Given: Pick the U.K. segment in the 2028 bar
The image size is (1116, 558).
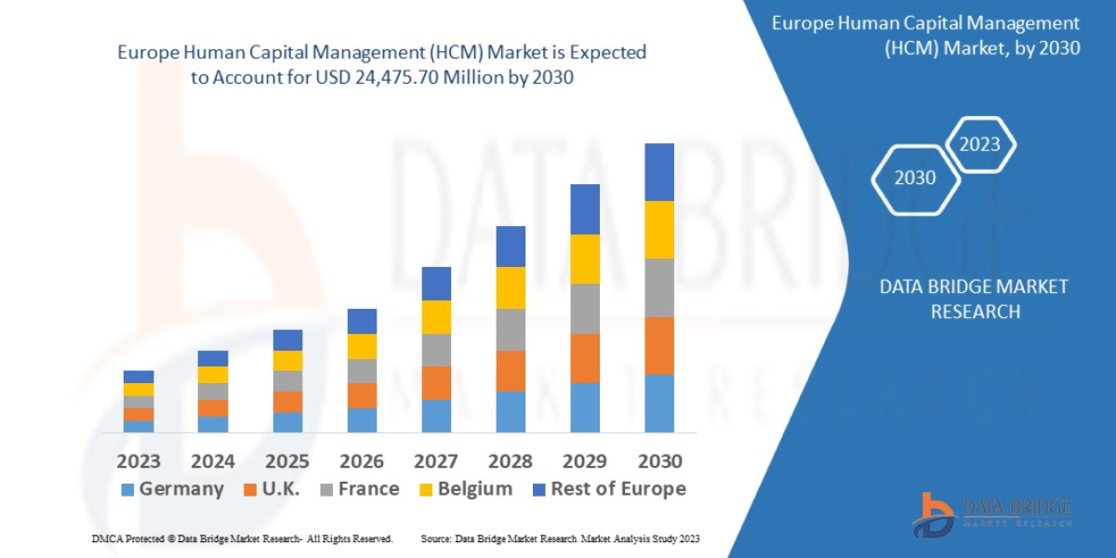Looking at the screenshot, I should tap(510, 370).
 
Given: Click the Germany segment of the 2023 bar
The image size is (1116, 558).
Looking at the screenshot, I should tap(139, 426).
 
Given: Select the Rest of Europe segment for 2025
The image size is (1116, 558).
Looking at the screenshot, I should tap(287, 339).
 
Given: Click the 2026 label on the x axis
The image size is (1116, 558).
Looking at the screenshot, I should tap(362, 461).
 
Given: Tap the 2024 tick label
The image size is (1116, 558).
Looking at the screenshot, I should tap(213, 461).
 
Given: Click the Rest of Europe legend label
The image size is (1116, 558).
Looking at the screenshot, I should tap(618, 489).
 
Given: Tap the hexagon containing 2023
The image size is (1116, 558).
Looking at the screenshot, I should tap(979, 144).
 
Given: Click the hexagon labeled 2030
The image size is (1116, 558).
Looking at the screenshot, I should tap(915, 179).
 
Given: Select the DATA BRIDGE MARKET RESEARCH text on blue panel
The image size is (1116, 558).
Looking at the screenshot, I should tap(974, 299).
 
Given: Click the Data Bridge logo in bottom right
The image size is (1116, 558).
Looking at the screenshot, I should tap(991, 514).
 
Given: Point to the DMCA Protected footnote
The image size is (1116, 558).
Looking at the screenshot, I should tap(242, 538).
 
